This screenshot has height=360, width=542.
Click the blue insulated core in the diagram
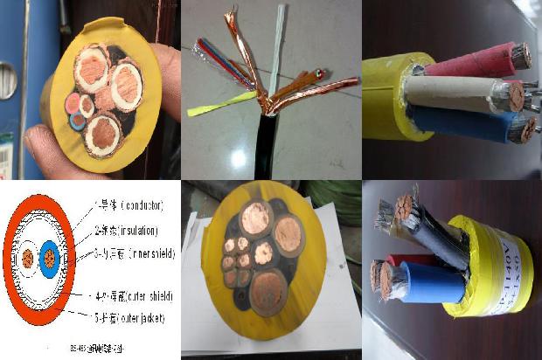pyautogui.click(x=51, y=259)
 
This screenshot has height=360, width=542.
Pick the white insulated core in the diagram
pyautogui.click(x=28, y=259)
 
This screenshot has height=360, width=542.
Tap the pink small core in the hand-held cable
pyautogui.click(x=72, y=103)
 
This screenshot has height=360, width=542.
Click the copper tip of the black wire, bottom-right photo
pyautogui.click(x=404, y=208)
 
